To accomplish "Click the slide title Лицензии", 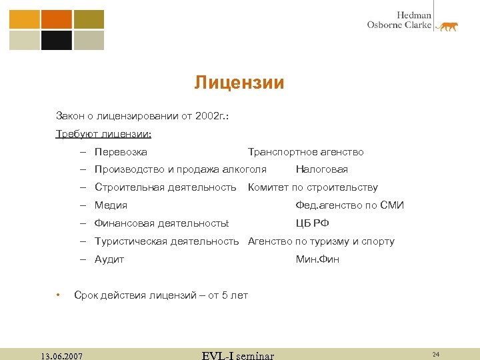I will (x=239, y=83).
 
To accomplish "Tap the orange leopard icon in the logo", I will (x=447, y=27).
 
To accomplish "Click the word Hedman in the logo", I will (x=414, y=15).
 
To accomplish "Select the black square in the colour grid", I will (x=57, y=41).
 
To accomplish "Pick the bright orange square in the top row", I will (x=57, y=19).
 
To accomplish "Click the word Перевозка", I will (x=121, y=152).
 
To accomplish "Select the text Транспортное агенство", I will (x=305, y=152).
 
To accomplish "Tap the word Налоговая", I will (x=321, y=169).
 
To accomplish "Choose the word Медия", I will (x=111, y=205).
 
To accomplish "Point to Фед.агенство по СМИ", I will (x=349, y=205).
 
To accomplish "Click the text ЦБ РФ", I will (x=312, y=223).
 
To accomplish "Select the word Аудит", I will (x=109, y=259).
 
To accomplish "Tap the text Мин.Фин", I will (x=317, y=259).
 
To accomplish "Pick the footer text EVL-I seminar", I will (x=237, y=355).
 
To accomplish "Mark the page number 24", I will (x=435, y=354).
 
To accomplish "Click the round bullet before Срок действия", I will (x=59, y=294).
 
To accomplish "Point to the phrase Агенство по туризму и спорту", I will (x=321, y=241).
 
